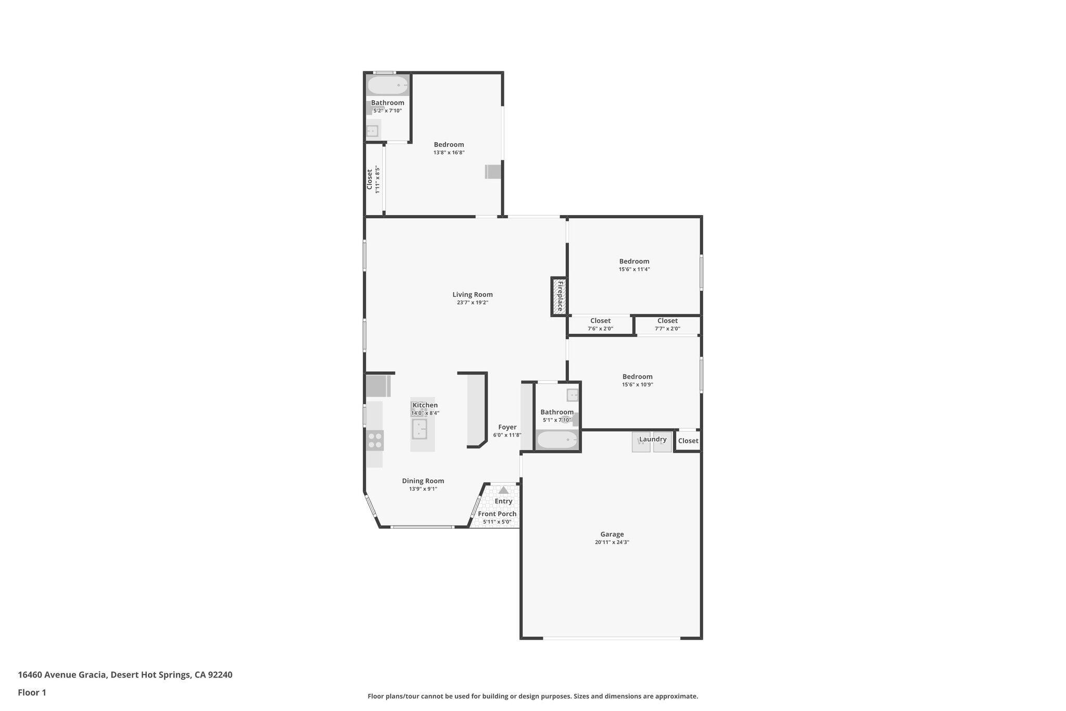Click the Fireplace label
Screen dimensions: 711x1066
(560, 296)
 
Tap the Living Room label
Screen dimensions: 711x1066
(472, 294)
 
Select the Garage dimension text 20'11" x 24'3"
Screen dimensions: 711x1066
(612, 542)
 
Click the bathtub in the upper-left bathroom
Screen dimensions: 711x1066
(388, 85)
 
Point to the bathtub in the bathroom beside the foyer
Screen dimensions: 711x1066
(557, 440)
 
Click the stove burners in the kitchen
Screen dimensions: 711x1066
(375, 440)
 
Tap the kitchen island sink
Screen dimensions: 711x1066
(420, 429)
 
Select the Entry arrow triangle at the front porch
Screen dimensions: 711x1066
(503, 490)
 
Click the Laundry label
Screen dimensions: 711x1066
(653, 439)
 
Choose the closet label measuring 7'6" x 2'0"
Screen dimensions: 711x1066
(600, 321)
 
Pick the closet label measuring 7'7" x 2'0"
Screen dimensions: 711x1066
(667, 321)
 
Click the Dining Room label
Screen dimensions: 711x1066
(423, 481)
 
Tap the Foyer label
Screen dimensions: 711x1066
(507, 427)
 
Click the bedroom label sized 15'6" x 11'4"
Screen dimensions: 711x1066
(634, 261)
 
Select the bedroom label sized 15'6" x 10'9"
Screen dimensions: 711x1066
(637, 377)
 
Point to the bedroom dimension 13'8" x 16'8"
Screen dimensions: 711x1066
(449, 153)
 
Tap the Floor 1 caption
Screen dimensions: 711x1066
(32, 693)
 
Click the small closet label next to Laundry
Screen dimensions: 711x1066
(688, 441)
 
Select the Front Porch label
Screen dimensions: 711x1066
(497, 514)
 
